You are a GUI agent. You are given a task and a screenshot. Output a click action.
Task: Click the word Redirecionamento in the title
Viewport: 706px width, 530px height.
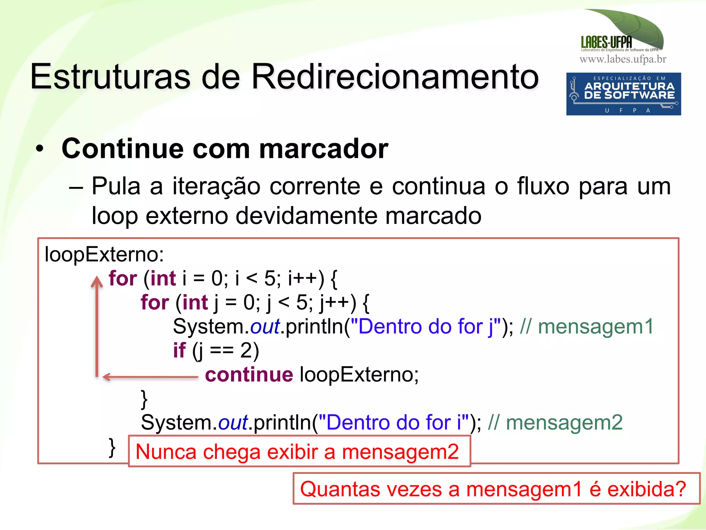395,77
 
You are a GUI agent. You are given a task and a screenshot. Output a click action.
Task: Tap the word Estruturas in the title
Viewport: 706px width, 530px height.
110,77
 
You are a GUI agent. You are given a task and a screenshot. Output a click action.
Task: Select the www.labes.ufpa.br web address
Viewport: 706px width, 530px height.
623,59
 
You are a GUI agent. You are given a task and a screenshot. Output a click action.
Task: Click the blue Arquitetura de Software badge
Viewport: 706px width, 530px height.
623,94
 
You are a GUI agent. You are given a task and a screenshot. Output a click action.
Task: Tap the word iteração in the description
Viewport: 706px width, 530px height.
216,187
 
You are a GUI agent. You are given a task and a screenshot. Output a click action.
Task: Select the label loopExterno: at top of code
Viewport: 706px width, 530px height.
104,254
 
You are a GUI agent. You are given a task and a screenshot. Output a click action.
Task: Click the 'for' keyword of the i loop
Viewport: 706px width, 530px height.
123,278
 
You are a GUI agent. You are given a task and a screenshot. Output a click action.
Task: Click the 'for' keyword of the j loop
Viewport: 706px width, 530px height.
155,302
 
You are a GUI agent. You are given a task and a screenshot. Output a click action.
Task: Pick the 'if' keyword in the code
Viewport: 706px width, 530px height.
179,350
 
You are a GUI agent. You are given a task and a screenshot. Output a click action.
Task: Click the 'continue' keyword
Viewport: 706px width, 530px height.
249,375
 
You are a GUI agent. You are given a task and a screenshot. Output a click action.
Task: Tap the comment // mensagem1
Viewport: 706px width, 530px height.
586,327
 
